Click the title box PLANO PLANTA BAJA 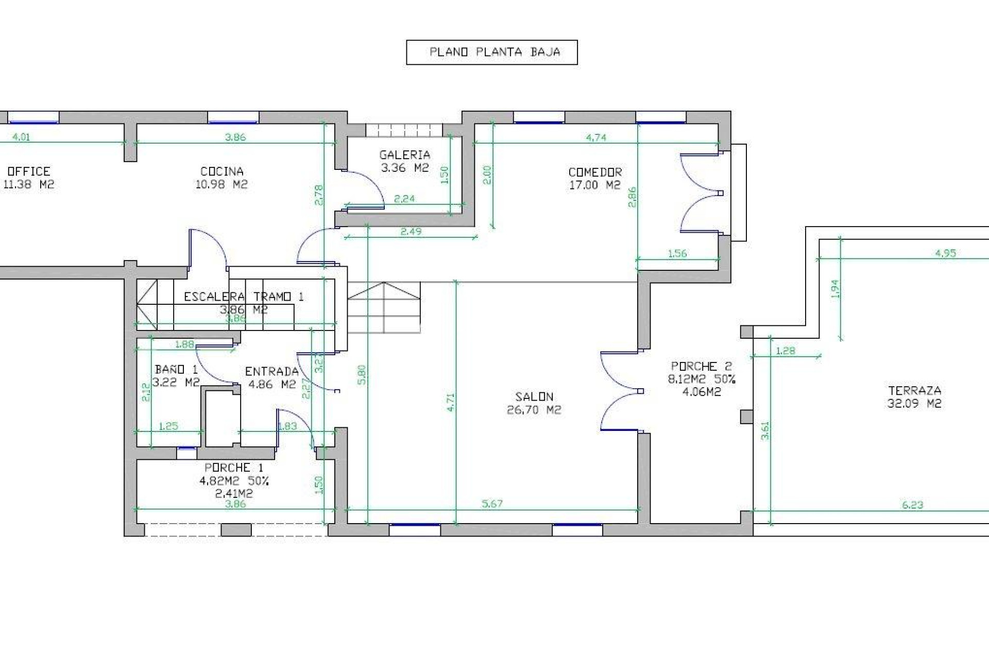(x=491, y=52)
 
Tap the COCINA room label (x=221, y=171)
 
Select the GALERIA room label (x=404, y=154)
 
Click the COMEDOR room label (x=595, y=172)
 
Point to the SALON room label (x=534, y=397)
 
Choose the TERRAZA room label (x=914, y=390)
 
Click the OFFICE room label (x=29, y=171)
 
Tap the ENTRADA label (x=271, y=371)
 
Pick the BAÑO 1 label (x=176, y=369)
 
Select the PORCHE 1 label (x=234, y=467)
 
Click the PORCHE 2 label (x=701, y=366)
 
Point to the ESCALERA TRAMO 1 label (x=244, y=297)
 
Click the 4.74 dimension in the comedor (x=596, y=137)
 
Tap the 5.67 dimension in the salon (x=492, y=504)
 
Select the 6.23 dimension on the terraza (x=912, y=505)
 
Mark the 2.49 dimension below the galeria (x=411, y=232)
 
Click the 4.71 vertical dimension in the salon (x=450, y=402)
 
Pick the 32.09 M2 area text (x=914, y=404)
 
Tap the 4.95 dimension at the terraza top (x=945, y=253)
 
